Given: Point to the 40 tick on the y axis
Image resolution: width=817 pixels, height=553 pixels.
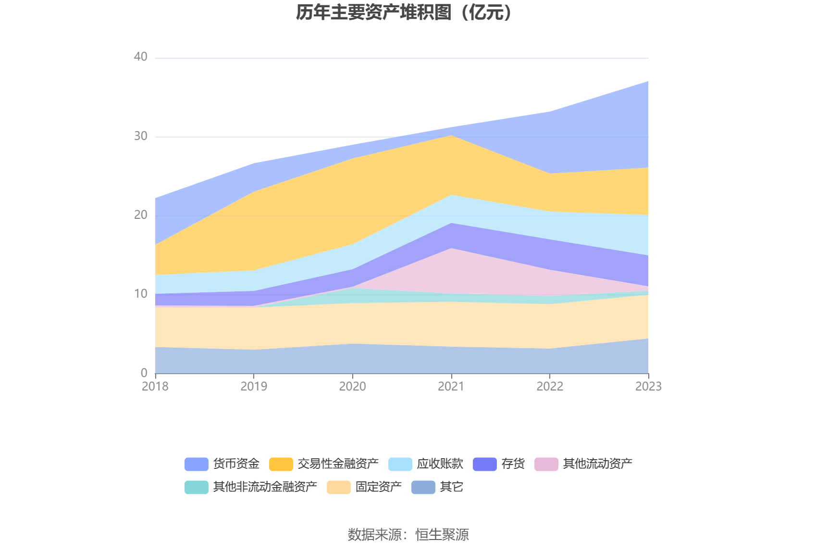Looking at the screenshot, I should (140, 57).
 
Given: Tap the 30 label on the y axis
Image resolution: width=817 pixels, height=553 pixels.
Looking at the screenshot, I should (140, 136).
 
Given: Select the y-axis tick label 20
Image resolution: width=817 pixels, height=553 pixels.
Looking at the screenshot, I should (140, 215).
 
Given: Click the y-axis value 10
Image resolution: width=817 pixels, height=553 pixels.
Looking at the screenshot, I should (140, 294).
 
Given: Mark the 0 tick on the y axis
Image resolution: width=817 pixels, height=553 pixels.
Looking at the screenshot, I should (144, 373).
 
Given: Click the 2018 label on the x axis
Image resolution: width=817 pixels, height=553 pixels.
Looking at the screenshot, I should (155, 386).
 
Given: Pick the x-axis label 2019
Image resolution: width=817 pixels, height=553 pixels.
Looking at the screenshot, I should (254, 386).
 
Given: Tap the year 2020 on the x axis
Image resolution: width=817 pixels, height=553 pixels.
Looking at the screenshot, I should (352, 386).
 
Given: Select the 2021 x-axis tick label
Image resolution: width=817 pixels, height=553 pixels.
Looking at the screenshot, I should (451, 386).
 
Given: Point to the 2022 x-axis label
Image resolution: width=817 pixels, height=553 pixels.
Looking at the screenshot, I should (550, 386).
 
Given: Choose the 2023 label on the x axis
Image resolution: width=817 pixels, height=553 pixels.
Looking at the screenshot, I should (648, 386).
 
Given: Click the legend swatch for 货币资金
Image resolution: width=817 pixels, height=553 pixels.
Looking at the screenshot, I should (196, 464).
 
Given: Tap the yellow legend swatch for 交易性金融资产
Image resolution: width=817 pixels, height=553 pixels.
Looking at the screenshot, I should (281, 464).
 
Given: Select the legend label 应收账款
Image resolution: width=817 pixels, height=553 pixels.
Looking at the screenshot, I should (440, 464).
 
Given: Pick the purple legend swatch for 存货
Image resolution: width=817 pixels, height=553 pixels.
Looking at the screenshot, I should (484, 464).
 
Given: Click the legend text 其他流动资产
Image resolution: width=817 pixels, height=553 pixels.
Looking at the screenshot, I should (597, 464).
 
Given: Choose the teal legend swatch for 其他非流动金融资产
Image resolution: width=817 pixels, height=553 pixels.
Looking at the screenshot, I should (196, 487).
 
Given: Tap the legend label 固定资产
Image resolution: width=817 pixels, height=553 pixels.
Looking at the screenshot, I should (378, 487).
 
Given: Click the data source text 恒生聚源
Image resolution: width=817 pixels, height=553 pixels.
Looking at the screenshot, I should (442, 534).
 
